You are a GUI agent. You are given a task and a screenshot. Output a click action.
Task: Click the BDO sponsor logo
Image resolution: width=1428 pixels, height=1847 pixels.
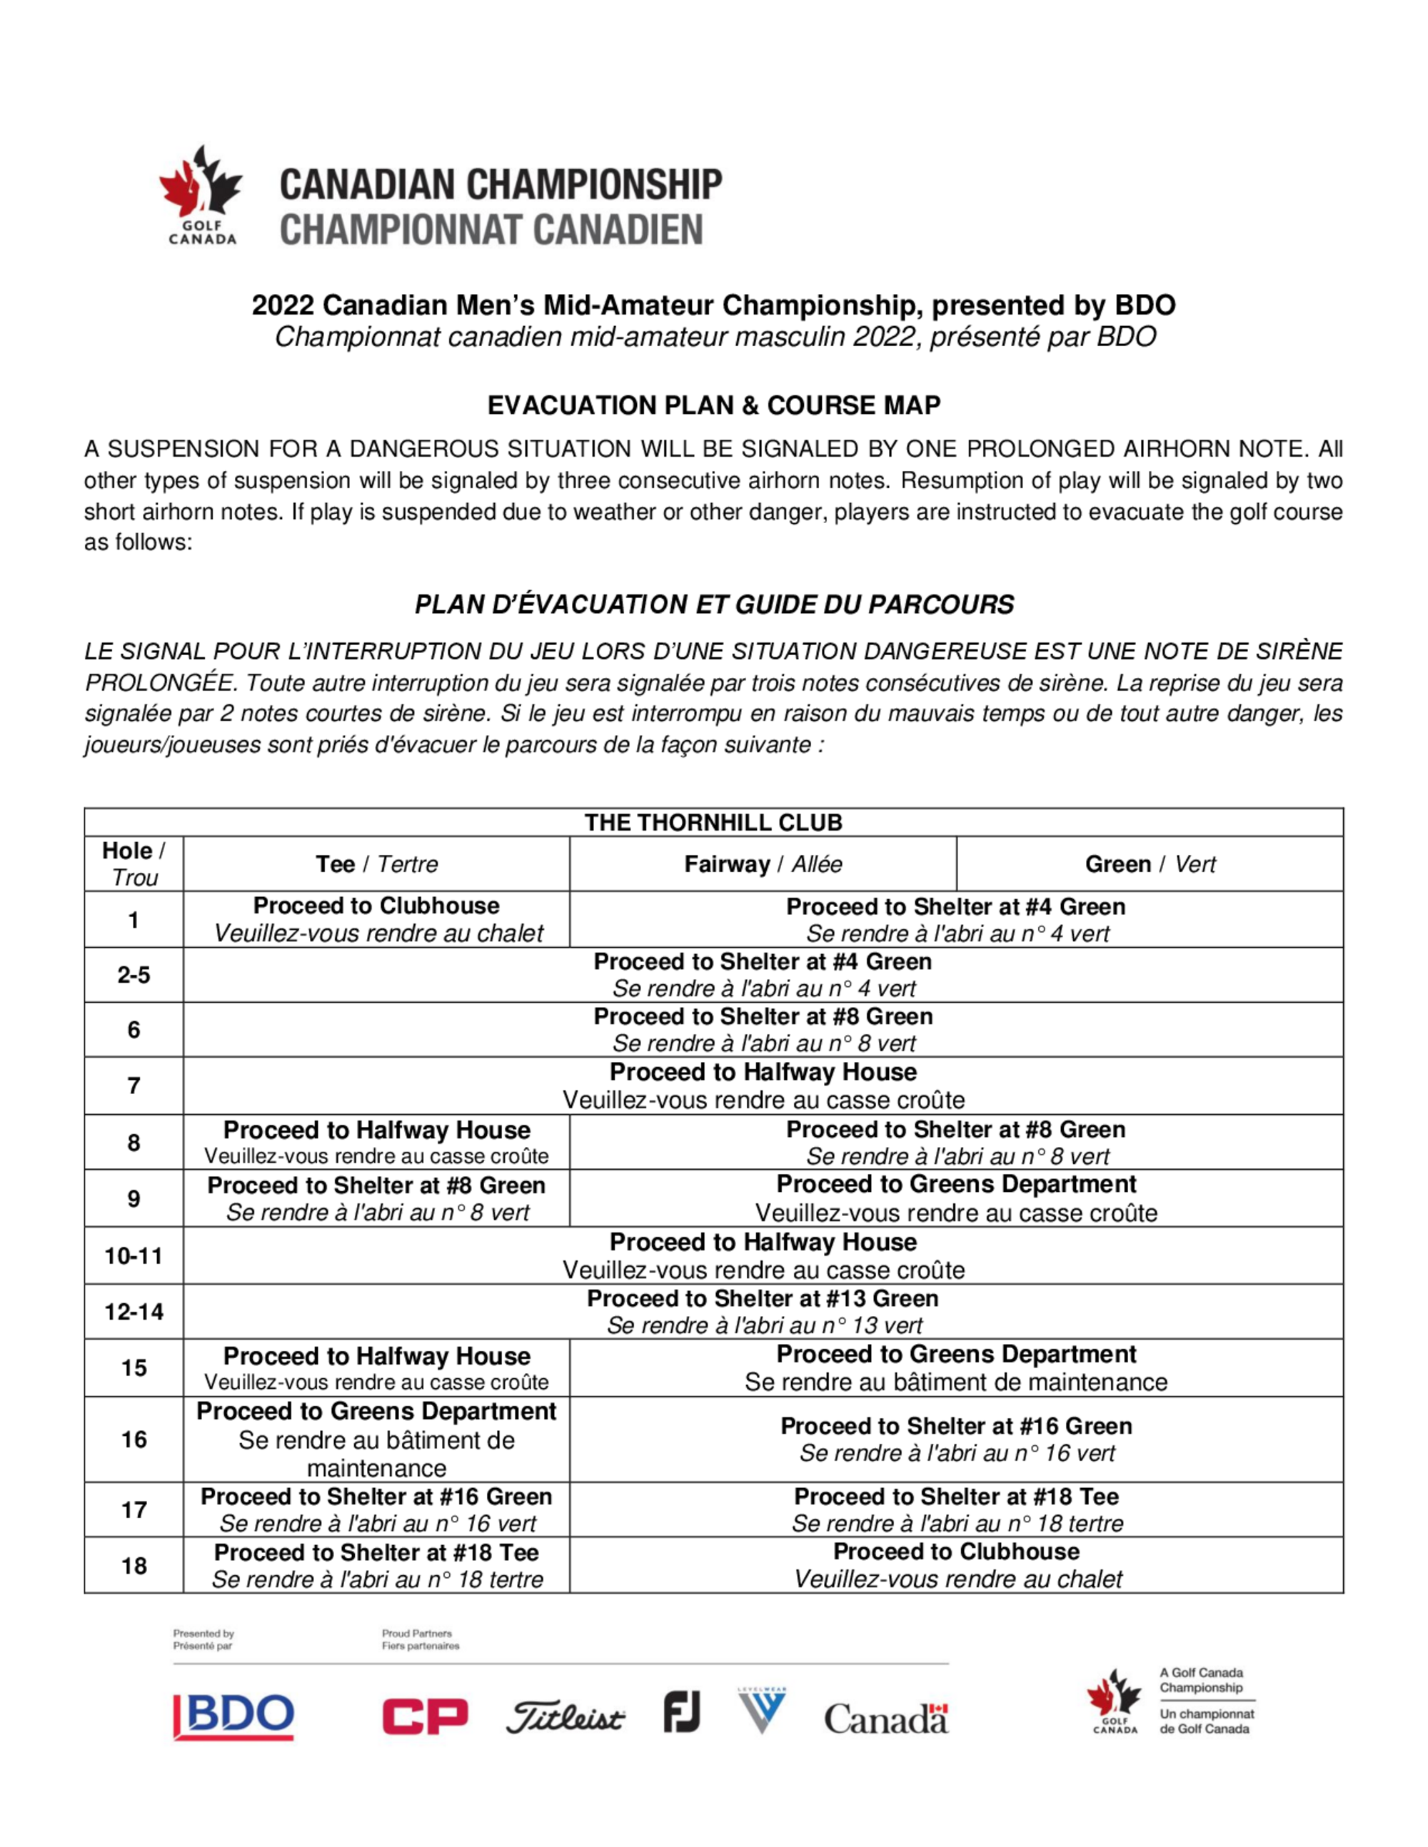click(x=233, y=1717)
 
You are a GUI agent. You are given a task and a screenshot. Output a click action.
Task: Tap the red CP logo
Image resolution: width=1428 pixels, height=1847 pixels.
click(x=425, y=1717)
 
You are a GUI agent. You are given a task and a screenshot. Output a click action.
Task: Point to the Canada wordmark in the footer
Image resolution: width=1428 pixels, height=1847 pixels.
click(x=886, y=1719)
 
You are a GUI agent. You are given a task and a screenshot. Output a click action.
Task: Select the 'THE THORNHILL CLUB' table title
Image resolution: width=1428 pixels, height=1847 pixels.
click(x=713, y=822)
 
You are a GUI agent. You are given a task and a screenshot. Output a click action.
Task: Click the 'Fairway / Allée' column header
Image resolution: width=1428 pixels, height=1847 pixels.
click(x=763, y=864)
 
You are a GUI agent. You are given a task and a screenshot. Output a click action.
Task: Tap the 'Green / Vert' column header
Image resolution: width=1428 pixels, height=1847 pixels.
click(x=1150, y=864)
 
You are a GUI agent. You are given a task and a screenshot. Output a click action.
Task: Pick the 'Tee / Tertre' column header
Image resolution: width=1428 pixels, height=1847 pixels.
click(x=376, y=864)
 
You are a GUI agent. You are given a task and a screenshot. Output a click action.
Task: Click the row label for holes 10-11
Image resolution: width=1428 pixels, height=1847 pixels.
click(x=134, y=1256)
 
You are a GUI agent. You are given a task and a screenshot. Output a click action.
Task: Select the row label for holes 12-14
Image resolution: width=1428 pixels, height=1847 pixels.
click(x=134, y=1312)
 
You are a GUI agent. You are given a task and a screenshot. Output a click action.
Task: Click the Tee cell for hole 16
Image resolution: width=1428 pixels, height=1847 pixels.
click(x=376, y=1439)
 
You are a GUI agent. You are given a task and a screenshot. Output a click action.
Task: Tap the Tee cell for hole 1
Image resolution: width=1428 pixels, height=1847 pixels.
click(x=376, y=919)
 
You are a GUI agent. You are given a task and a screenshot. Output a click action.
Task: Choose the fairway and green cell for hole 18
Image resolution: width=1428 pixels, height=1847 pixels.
click(x=956, y=1565)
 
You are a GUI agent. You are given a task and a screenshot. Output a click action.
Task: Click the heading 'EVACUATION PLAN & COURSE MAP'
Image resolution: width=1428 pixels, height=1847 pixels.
click(x=713, y=405)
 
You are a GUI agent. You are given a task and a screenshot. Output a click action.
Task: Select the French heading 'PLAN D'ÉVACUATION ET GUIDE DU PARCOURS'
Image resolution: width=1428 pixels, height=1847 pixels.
click(x=713, y=604)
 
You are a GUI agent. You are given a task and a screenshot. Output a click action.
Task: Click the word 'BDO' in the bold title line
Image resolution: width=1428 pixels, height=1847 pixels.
click(x=1145, y=305)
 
